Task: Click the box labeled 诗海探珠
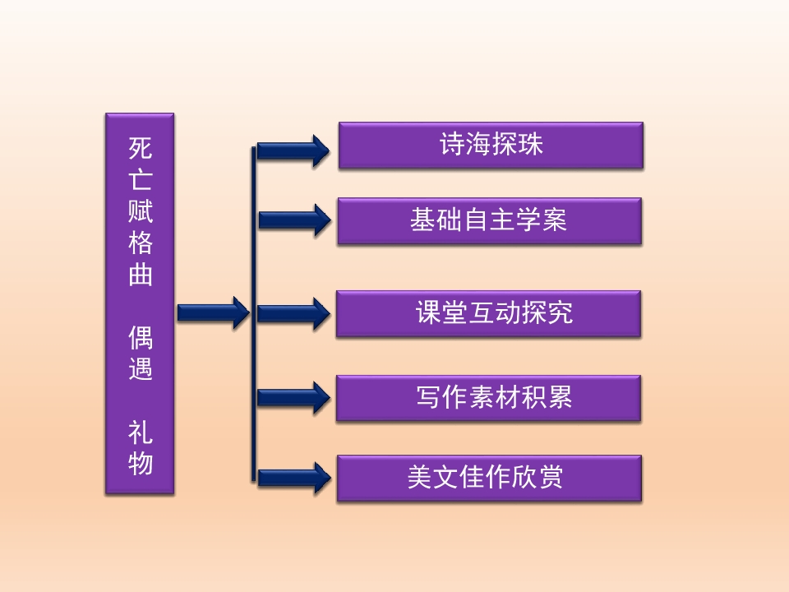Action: [x=490, y=146]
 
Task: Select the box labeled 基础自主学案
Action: [x=489, y=220]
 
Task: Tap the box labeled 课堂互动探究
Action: [x=488, y=313]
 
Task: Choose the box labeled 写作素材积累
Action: [x=488, y=398]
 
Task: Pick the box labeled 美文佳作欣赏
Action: [x=489, y=478]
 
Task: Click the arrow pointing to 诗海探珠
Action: [x=293, y=150]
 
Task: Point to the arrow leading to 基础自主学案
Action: [x=294, y=220]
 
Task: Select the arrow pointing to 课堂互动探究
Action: [x=293, y=312]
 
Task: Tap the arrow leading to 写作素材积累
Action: [x=293, y=398]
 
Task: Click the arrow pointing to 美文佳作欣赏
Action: [x=293, y=477]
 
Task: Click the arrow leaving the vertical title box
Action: [x=213, y=312]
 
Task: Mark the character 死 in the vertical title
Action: [x=141, y=148]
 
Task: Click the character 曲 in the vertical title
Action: [x=141, y=274]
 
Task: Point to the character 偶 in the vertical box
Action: [x=141, y=338]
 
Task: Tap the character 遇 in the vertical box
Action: [x=141, y=368]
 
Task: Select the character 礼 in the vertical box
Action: [x=141, y=432]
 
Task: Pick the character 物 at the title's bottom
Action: [x=141, y=464]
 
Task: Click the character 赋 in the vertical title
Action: [x=141, y=211]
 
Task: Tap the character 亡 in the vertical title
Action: [x=141, y=179]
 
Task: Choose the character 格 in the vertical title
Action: [x=141, y=243]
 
